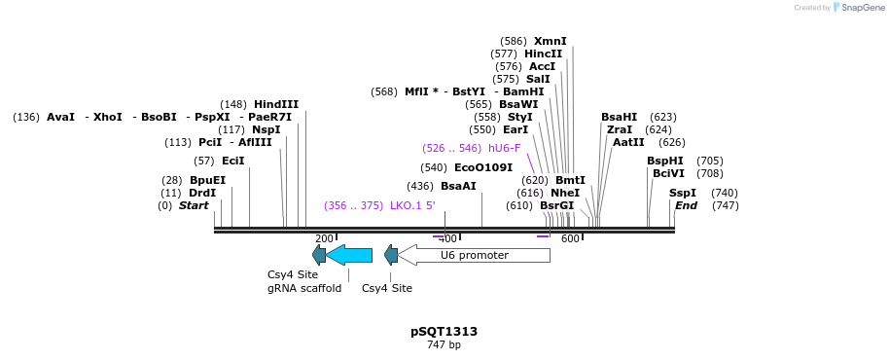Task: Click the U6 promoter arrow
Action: pyautogui.click(x=474, y=255)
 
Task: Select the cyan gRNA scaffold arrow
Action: pyautogui.click(x=349, y=255)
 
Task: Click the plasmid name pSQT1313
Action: pyautogui.click(x=444, y=332)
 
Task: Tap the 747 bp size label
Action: pyautogui.click(x=444, y=345)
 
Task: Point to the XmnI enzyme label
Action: pyautogui.click(x=550, y=41)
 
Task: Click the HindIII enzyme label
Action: pyautogui.click(x=276, y=104)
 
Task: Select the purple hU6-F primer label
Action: pyautogui.click(x=504, y=148)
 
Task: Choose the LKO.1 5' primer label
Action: pyautogui.click(x=412, y=205)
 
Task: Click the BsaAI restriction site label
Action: pyautogui.click(x=458, y=186)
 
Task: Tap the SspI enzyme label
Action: pyautogui.click(x=682, y=193)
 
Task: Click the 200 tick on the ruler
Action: pyautogui.click(x=324, y=238)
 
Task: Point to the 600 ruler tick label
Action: pyautogui.click(x=570, y=238)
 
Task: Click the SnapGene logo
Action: pyautogui.click(x=856, y=8)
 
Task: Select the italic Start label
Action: pyautogui.click(x=194, y=205)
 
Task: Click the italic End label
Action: pyautogui.click(x=686, y=205)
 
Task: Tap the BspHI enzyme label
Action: pyautogui.click(x=665, y=161)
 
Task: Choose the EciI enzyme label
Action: pyautogui.click(x=233, y=161)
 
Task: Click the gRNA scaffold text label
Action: pyautogui.click(x=304, y=288)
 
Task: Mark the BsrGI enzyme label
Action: pyautogui.click(x=557, y=205)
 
